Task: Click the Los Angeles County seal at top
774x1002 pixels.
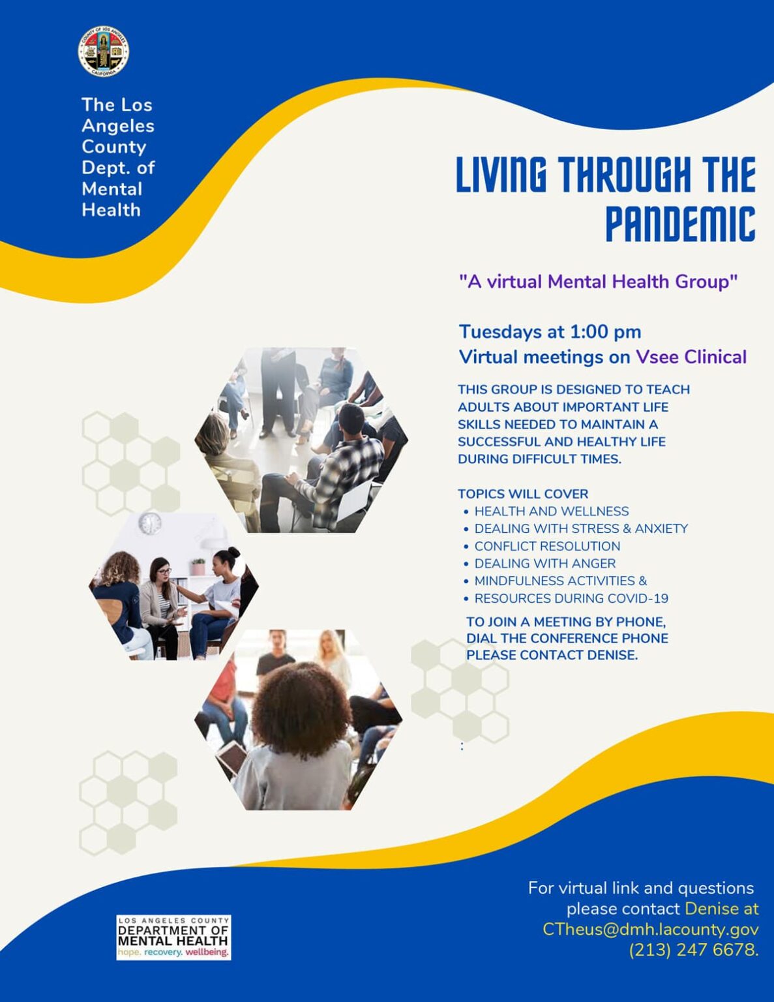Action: pos(104,52)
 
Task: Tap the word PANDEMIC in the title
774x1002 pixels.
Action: pos(680,224)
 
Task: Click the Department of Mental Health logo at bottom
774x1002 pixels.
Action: pos(173,937)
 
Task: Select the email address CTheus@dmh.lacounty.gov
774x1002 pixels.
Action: pos(650,929)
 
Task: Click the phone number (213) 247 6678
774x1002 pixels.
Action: pos(693,950)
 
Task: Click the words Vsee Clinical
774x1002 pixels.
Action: pos(691,357)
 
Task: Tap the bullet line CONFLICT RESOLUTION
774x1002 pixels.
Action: pos(546,546)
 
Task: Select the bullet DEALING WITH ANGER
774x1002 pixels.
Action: pos(544,563)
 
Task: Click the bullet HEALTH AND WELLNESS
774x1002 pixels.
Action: pos(551,511)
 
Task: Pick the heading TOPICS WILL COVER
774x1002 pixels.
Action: pos(523,494)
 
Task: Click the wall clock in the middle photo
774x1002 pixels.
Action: pos(150,523)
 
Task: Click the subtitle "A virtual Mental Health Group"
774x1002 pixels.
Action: pos(598,281)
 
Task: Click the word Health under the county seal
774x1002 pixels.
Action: pos(111,210)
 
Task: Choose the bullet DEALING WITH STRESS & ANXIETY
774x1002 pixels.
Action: pos(580,528)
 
